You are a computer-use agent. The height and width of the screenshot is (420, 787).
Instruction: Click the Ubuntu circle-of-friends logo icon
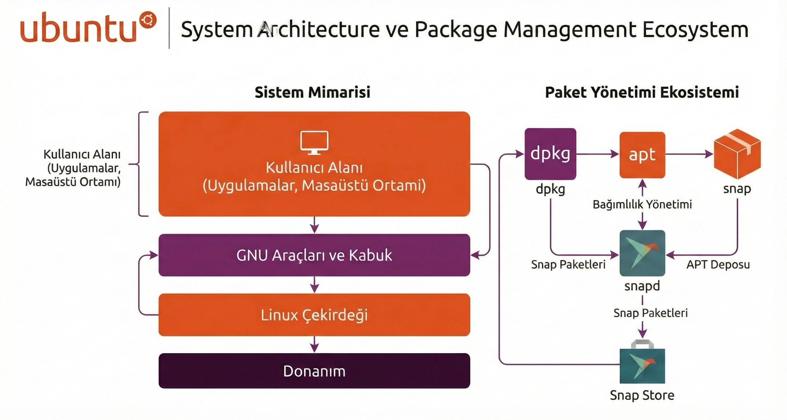(148, 20)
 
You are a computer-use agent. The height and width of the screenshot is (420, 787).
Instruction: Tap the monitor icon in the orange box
(314, 142)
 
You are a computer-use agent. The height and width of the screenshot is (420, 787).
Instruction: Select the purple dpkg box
(550, 154)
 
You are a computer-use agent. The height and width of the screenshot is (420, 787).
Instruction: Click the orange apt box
(642, 155)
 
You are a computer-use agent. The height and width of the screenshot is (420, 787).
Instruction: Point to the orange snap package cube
(737, 154)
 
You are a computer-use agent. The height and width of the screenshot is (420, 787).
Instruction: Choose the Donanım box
(314, 371)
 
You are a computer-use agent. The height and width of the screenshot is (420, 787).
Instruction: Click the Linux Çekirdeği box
(314, 315)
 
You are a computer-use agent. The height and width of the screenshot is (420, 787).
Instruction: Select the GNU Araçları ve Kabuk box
(314, 255)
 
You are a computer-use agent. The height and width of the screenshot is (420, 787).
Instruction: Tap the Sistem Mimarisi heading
(312, 92)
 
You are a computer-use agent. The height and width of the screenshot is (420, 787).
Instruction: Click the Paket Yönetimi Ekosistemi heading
(642, 92)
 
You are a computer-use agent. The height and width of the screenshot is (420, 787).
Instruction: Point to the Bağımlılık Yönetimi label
(642, 204)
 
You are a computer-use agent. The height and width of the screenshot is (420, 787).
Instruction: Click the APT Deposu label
(718, 264)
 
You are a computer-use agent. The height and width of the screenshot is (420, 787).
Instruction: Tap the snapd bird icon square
(642, 253)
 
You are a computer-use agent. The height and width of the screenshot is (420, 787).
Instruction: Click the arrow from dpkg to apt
(598, 154)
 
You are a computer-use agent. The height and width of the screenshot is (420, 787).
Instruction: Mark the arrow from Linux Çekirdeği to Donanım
(314, 345)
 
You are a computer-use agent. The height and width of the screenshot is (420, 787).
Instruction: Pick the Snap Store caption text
(642, 395)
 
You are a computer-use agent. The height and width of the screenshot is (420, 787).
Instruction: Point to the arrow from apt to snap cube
(689, 154)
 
